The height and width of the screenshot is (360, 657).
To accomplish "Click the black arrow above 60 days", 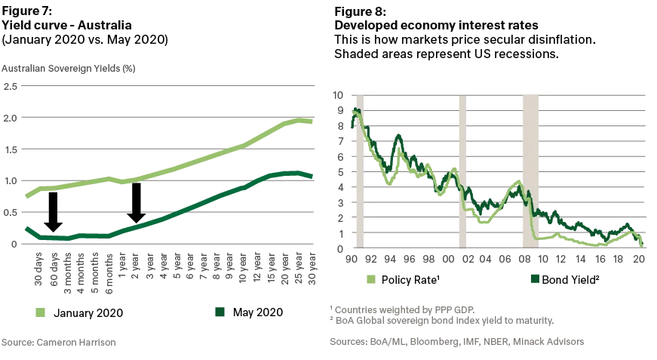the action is (x=54, y=211).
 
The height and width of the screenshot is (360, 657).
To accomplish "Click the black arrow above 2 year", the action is (x=137, y=203).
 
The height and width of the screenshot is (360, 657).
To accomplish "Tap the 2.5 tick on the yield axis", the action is (x=11, y=86).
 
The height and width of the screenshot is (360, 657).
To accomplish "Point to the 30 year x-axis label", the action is (x=312, y=268).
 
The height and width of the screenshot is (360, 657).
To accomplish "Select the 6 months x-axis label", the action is (x=109, y=273).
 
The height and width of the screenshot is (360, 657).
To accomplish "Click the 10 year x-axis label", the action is (x=243, y=268).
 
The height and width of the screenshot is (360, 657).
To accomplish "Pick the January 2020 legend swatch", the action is (x=40, y=312).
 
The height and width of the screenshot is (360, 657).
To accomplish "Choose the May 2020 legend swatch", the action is (x=220, y=312).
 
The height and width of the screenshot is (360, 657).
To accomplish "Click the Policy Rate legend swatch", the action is (x=371, y=279).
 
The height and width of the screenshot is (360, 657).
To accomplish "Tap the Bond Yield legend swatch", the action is (x=535, y=278).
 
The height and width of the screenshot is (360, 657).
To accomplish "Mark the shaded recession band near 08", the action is (x=530, y=171).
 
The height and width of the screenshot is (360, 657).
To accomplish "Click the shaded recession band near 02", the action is (x=462, y=171).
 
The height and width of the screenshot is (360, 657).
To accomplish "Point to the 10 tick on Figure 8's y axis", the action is (x=338, y=95).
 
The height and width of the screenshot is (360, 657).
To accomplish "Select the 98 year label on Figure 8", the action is (x=428, y=259).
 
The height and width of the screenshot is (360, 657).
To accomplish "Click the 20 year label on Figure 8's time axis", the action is (x=639, y=259).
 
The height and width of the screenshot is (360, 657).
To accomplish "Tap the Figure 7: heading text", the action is (x=26, y=11).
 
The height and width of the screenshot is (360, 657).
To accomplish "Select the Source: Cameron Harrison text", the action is (x=59, y=343).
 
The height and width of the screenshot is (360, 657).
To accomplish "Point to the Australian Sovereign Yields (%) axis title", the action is (x=69, y=69).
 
